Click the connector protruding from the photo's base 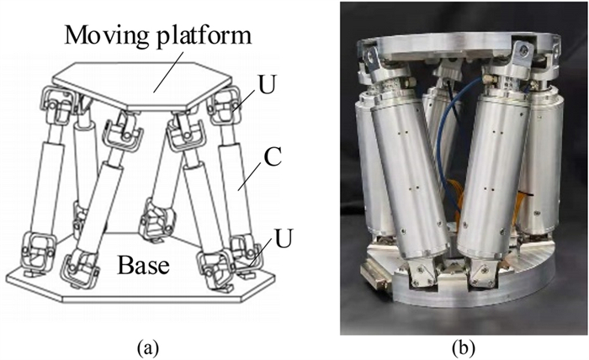(372, 277)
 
